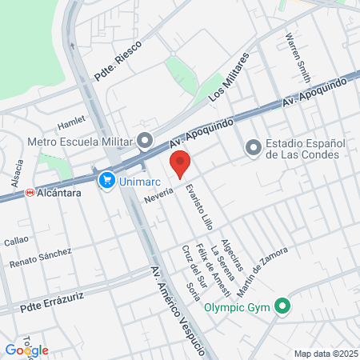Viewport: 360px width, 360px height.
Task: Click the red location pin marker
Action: (x=180, y=162)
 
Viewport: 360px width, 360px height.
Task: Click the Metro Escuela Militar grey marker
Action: (x=145, y=142)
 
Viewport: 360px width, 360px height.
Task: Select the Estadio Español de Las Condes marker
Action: (x=253, y=146)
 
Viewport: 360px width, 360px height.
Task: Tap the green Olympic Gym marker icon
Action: (x=282, y=306)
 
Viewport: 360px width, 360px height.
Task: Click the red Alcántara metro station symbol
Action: (x=29, y=192)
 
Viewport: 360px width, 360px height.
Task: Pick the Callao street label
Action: (x=16, y=240)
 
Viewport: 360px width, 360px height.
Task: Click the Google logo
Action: (x=26, y=350)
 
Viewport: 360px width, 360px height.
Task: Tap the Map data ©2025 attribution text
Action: (x=323, y=353)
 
